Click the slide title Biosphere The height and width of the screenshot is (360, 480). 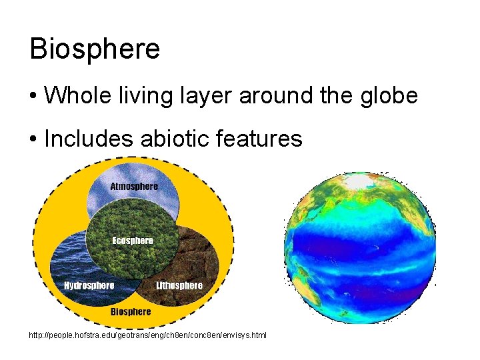(x=95, y=49)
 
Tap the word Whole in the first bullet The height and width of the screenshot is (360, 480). (x=72, y=96)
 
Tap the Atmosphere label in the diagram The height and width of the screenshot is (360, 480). (x=134, y=187)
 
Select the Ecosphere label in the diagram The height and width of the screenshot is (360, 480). (x=133, y=241)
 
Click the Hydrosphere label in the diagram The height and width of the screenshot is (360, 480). (x=89, y=286)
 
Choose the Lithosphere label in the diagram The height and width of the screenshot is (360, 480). (x=179, y=286)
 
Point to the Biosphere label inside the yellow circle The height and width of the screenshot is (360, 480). (x=131, y=311)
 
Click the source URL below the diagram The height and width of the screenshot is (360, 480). (x=147, y=335)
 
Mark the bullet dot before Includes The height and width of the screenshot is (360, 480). (x=33, y=140)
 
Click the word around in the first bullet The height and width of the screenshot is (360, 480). (x=274, y=96)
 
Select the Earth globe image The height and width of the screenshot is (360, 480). (x=360, y=247)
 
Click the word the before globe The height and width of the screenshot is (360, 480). (x=335, y=96)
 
